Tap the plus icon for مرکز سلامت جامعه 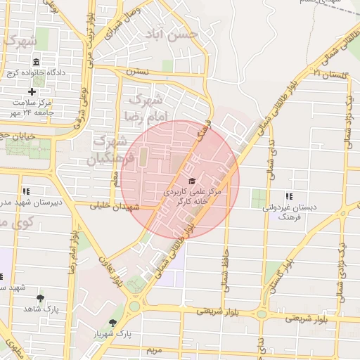click(32, 91)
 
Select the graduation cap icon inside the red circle click(192, 180)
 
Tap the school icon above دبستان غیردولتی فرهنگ click(288, 196)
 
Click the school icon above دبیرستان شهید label click(26, 191)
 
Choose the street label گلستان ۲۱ click(330, 73)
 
